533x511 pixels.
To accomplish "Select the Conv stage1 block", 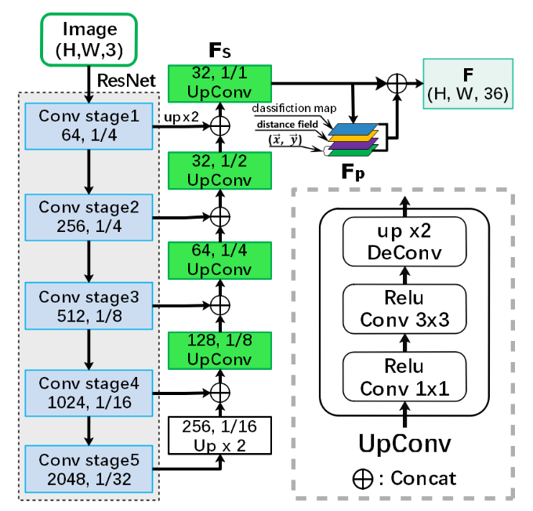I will click(x=89, y=125).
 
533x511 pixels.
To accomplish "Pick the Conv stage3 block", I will click(x=89, y=304).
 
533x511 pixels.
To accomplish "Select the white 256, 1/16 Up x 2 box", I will click(x=219, y=437).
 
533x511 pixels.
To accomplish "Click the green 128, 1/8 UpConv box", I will click(x=219, y=350).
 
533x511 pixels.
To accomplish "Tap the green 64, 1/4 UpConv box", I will click(x=219, y=261).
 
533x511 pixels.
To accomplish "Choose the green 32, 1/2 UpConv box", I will click(x=219, y=172).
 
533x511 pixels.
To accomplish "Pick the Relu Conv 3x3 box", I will click(x=405, y=309).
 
